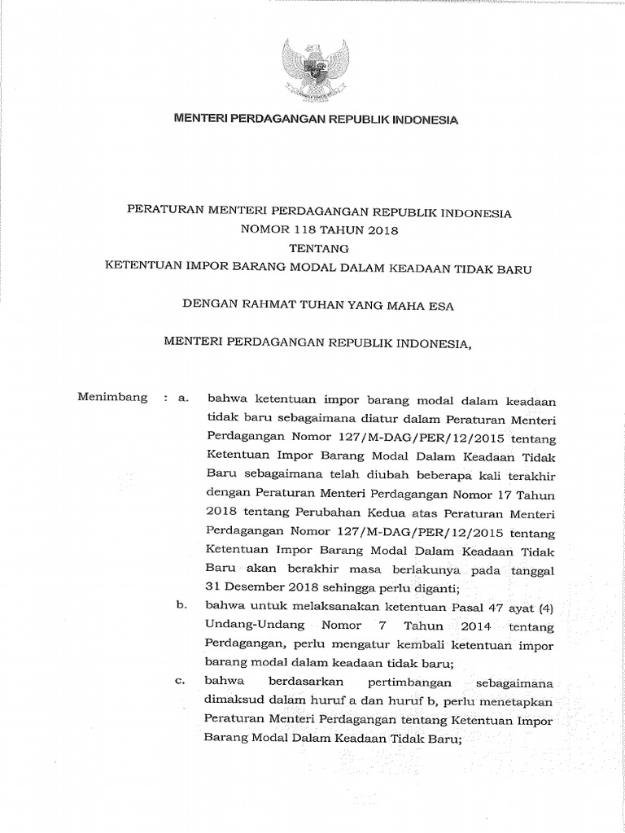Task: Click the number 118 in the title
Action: [x=305, y=230]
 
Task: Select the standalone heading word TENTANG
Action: [x=317, y=249]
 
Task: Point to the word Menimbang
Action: [x=112, y=398]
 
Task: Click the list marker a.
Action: [x=182, y=399]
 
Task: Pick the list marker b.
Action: [x=181, y=605]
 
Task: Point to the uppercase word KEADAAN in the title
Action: [x=426, y=268]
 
